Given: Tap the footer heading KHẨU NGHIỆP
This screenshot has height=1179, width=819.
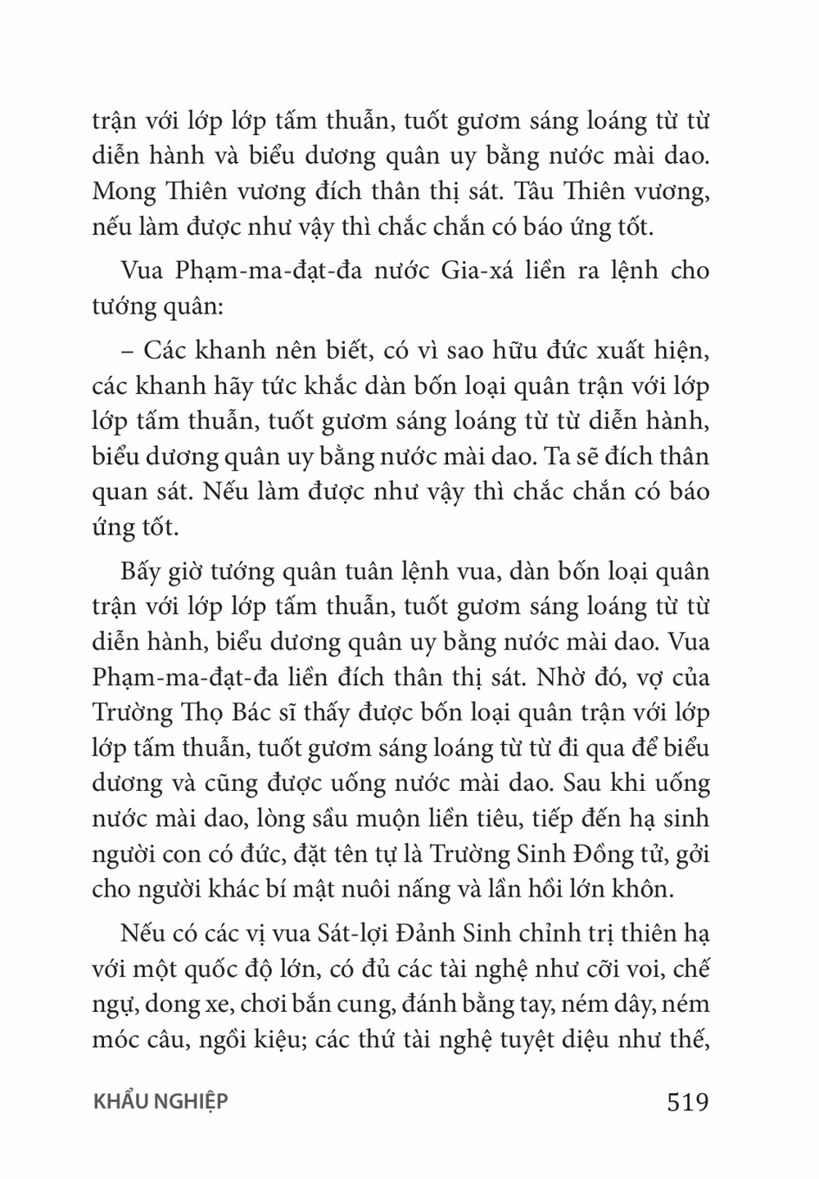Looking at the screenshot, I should [160, 1102].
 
